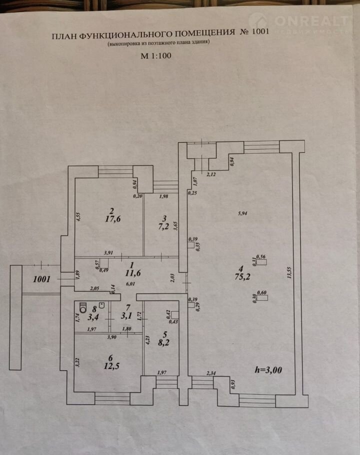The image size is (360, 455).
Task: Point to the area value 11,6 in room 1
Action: click(x=131, y=273)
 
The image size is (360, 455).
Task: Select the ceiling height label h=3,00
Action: click(x=268, y=370)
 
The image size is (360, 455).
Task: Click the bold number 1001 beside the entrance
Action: click(x=42, y=279)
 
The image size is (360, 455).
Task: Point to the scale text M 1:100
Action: click(x=155, y=56)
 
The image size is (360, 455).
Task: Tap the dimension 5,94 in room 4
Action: click(x=243, y=213)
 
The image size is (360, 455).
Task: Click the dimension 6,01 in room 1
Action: click(x=130, y=283)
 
